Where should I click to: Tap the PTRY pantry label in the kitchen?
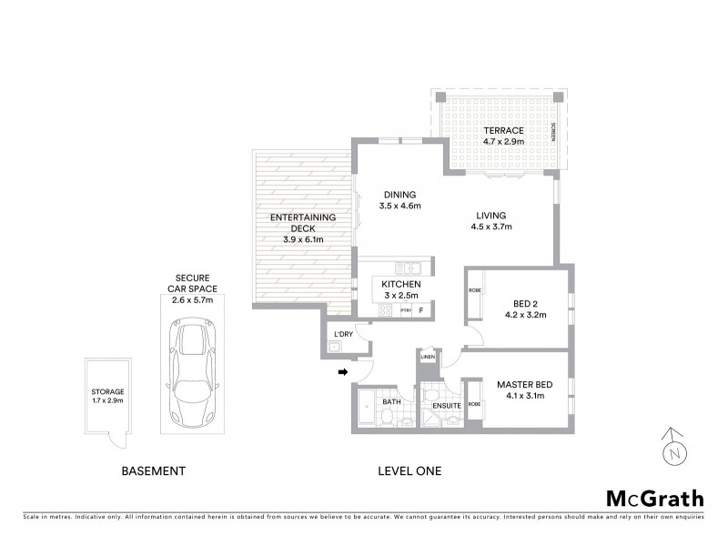[x=406, y=310]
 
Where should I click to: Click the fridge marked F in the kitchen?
[x=420, y=310]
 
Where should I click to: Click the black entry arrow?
[x=344, y=371]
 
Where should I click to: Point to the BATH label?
[x=391, y=400]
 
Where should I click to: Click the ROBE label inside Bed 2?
[x=474, y=290]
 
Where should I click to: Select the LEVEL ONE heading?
[x=409, y=471]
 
